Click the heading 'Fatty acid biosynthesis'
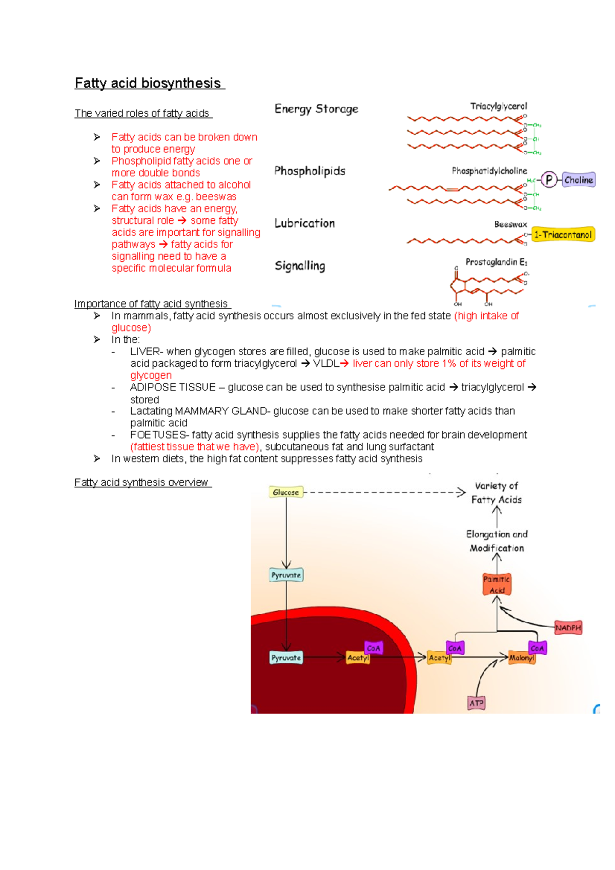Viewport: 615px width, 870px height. click(148, 84)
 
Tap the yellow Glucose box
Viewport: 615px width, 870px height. click(286, 492)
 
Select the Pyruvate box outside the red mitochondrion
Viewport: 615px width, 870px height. click(286, 575)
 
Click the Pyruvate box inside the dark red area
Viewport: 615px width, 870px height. click(286, 658)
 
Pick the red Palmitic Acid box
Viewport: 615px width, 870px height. click(497, 585)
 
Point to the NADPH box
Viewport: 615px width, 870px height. click(568, 628)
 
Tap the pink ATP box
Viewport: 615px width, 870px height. click(477, 703)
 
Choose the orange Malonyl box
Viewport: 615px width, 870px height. click(522, 658)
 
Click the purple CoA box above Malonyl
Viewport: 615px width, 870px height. click(537, 648)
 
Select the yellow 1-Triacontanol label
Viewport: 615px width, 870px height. click(563, 235)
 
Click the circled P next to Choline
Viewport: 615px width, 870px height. click(549, 180)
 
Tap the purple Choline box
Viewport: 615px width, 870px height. click(579, 180)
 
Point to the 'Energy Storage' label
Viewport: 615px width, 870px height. click(316, 109)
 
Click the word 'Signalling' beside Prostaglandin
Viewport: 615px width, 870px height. click(300, 266)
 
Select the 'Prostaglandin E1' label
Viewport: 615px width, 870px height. click(496, 262)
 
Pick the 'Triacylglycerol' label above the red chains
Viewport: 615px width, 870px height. click(498, 106)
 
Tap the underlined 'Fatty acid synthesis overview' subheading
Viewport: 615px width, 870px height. click(141, 483)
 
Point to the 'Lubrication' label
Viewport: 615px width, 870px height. click(304, 223)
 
